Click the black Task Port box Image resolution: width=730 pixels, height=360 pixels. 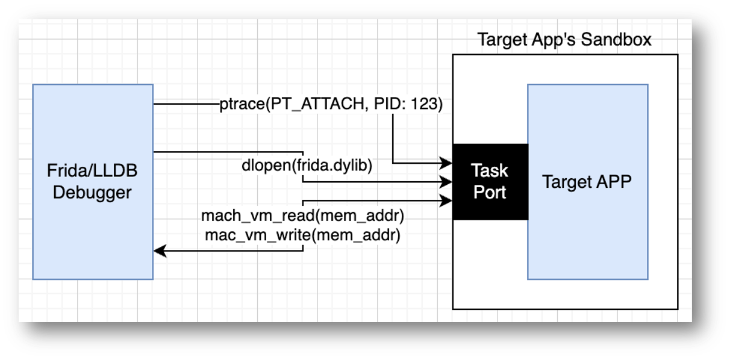pos(490,181)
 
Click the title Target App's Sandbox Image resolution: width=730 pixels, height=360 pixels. pos(564,40)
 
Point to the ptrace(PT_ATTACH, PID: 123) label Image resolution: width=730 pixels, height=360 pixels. pos(331,105)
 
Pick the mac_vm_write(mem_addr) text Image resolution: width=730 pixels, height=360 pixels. pos(303,236)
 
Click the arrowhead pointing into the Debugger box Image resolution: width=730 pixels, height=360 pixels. pos(159,251)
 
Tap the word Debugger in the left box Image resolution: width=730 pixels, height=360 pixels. pos(92,193)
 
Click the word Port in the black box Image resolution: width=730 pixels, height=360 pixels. pos(490,193)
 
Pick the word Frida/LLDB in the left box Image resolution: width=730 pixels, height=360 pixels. pos(92,171)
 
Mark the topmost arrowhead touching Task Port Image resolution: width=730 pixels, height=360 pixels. pos(446,163)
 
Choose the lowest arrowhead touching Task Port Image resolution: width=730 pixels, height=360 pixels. pos(446,201)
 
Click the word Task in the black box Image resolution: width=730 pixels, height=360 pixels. pos(490,170)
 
